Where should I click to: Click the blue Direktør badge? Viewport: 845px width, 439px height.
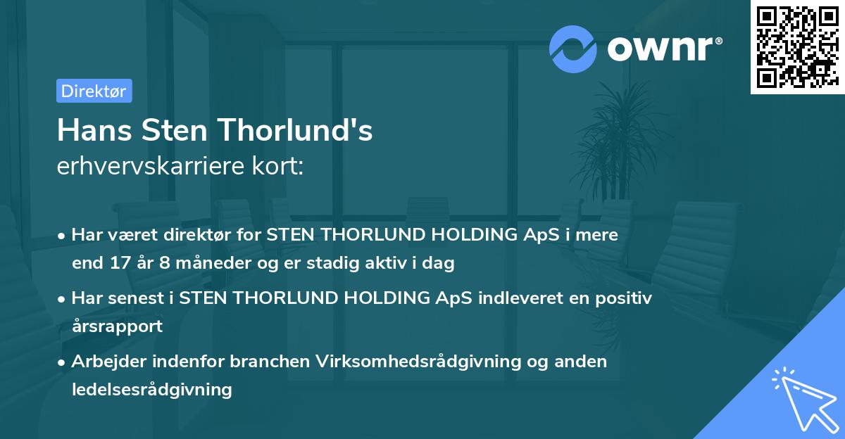(94, 91)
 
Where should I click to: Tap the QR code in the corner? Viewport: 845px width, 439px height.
(798, 47)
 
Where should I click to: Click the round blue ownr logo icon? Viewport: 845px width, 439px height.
(572, 49)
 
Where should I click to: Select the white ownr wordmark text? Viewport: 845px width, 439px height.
(661, 49)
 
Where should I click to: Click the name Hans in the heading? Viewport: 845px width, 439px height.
(94, 130)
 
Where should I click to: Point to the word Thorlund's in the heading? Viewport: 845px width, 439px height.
(295, 130)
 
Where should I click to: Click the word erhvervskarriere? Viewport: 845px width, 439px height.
(151, 166)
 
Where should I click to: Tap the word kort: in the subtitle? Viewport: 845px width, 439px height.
(277, 166)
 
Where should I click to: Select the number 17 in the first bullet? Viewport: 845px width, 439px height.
(120, 262)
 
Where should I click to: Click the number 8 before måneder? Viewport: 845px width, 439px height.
(165, 262)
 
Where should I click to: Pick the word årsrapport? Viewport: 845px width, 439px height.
(118, 326)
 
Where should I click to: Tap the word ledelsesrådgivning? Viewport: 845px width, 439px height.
(152, 390)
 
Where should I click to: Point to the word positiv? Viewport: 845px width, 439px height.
(624, 298)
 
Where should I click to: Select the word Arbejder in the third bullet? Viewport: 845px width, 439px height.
(108, 362)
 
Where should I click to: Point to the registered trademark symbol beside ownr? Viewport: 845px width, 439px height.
(719, 41)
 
